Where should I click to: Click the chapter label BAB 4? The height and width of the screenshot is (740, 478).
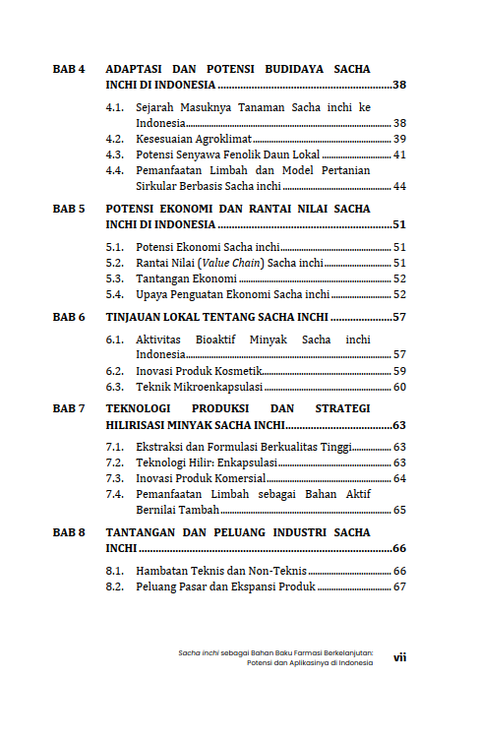click(x=69, y=70)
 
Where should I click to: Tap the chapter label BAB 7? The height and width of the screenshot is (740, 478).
click(x=69, y=407)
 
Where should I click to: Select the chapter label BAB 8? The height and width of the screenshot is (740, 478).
click(x=69, y=531)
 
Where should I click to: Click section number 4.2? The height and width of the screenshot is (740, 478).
click(x=115, y=139)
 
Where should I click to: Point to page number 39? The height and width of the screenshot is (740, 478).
click(x=399, y=139)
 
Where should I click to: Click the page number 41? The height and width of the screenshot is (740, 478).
click(x=399, y=154)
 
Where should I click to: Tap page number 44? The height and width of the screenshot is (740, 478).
click(x=399, y=186)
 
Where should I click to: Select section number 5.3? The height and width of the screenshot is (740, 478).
click(x=115, y=278)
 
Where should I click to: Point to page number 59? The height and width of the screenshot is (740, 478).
click(x=399, y=371)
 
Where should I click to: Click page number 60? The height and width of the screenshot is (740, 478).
click(x=399, y=387)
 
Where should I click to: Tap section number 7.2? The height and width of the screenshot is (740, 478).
click(x=115, y=462)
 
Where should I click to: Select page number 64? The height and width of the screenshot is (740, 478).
click(x=399, y=478)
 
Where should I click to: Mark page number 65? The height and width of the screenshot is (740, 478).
click(x=399, y=510)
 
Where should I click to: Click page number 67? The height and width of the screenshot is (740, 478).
click(x=399, y=586)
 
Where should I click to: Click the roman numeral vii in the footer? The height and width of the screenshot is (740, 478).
click(x=399, y=657)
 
